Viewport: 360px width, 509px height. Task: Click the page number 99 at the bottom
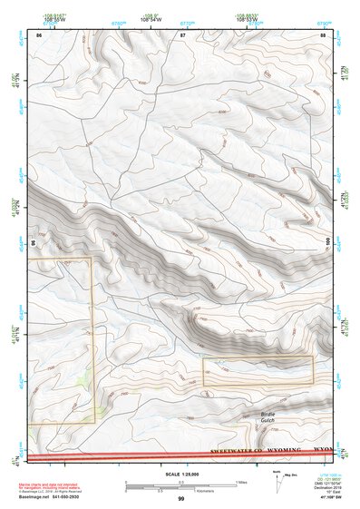point(180,499)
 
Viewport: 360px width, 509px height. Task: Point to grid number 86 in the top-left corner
point(39,34)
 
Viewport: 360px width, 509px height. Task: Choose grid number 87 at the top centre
point(182,34)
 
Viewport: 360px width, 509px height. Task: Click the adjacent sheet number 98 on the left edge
point(34,242)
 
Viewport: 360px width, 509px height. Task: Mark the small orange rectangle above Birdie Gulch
point(258,371)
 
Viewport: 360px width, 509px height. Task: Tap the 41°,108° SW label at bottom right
point(328,499)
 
